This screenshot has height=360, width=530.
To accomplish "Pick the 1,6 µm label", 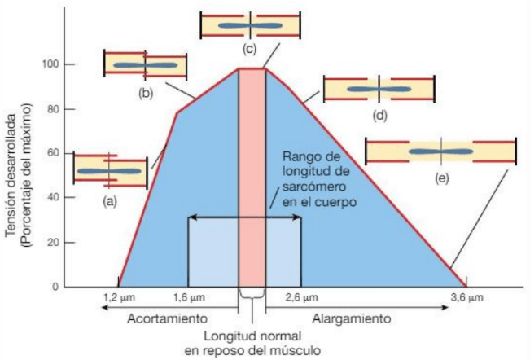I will (x=189, y=299).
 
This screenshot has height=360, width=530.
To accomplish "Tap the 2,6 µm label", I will (x=301, y=299).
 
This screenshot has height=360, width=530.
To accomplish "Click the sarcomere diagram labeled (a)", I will (x=111, y=170).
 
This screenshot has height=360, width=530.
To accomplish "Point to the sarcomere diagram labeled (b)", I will (x=146, y=65).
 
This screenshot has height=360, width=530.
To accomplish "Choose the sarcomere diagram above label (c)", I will (x=251, y=25).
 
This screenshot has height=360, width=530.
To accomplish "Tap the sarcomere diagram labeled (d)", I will (x=380, y=89).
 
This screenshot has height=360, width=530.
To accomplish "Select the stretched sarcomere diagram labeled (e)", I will (x=441, y=151).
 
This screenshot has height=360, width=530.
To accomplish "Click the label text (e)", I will (x=441, y=178).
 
